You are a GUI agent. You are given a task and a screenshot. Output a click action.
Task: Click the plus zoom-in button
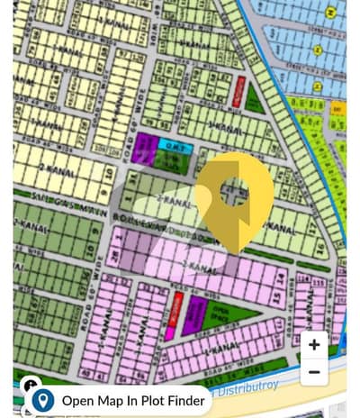313,344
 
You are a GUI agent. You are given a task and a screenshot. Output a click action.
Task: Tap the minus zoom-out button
313,371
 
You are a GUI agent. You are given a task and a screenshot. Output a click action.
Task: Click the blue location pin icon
42,400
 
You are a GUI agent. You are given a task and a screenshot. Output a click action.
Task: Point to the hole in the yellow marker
236,190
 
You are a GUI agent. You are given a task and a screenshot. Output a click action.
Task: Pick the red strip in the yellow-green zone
238,91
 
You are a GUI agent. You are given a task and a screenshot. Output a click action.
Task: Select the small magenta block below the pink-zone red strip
169,332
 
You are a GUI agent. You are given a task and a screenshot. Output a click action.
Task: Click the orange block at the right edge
337,108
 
